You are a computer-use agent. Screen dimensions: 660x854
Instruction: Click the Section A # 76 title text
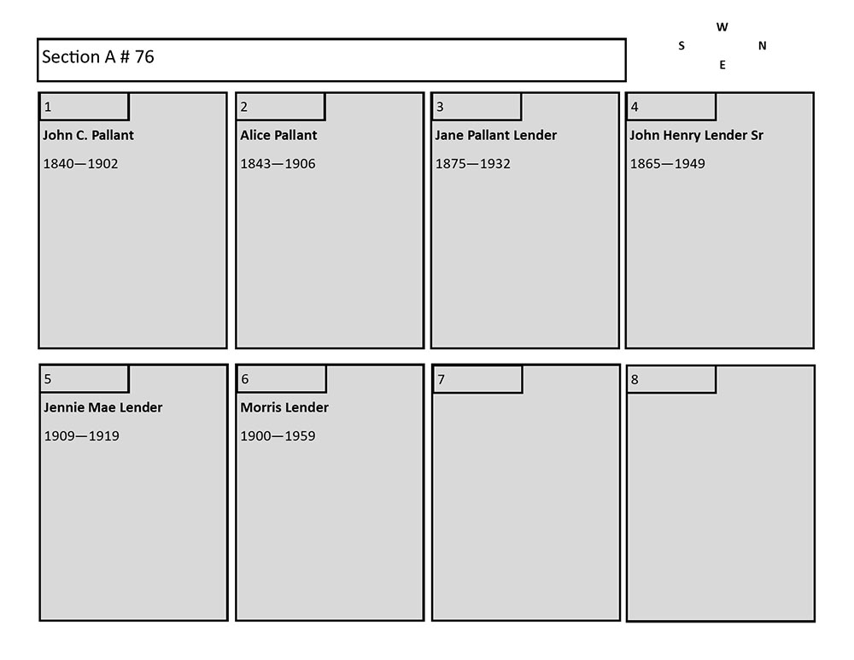tap(98, 57)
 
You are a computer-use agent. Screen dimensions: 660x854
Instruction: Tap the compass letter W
tap(722, 27)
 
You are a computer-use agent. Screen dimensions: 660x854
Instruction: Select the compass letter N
tap(762, 46)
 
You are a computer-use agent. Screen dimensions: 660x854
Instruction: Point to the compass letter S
tap(681, 46)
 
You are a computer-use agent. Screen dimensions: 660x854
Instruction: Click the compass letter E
tap(722, 65)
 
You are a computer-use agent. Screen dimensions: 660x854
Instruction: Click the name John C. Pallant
tap(89, 135)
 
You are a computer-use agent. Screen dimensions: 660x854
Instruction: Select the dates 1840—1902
tap(81, 164)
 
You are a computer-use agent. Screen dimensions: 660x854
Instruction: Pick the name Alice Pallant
tap(278, 135)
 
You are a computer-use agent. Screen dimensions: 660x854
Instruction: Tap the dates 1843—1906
tap(278, 164)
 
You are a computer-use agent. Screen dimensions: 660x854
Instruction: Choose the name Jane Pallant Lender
tap(495, 135)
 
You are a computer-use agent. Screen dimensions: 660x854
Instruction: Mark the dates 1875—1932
tap(472, 164)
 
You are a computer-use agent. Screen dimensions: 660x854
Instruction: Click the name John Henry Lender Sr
tap(696, 135)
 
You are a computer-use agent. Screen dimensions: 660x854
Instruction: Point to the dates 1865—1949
tap(667, 164)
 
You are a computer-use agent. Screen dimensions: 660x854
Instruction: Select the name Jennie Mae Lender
tap(102, 407)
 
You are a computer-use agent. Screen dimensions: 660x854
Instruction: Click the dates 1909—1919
tap(81, 436)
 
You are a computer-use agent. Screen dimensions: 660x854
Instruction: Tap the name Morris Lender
tap(284, 407)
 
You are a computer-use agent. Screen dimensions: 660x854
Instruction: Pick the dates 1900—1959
tap(278, 436)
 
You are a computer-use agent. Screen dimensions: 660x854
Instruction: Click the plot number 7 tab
tap(477, 380)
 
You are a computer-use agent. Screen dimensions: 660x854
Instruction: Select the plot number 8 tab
tap(671, 380)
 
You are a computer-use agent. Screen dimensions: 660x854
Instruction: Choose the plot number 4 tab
tap(671, 107)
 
